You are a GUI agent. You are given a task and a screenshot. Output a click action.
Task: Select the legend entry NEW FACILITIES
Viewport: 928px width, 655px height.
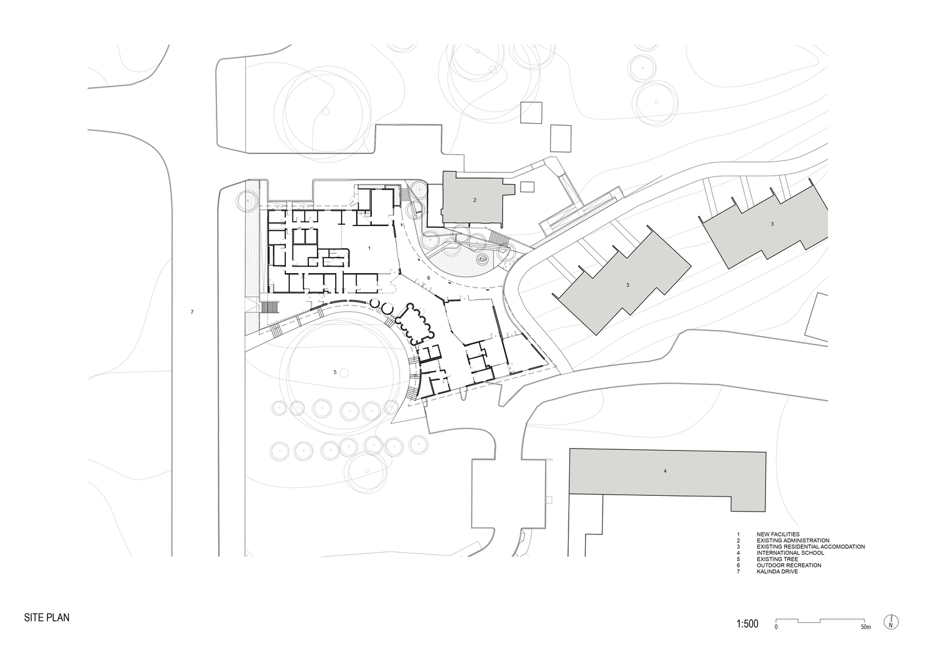pyautogui.click(x=778, y=534)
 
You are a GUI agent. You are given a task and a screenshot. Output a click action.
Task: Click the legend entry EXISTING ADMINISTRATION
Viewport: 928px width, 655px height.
pyautogui.click(x=793, y=540)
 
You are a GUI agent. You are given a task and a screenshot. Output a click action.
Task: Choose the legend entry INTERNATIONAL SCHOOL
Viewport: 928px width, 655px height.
pyautogui.click(x=790, y=553)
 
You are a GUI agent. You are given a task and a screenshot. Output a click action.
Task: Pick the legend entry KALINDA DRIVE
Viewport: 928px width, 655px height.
pyautogui.click(x=777, y=571)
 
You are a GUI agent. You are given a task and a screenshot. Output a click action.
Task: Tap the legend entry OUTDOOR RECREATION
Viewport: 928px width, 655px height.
pyautogui.click(x=789, y=565)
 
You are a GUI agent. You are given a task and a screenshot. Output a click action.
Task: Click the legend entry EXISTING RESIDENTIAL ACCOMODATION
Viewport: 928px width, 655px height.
pyautogui.click(x=811, y=546)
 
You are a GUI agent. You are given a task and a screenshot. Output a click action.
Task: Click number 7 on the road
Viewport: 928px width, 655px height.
pyautogui.click(x=192, y=312)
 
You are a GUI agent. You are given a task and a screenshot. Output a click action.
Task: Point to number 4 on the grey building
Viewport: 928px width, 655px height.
pyautogui.click(x=665, y=471)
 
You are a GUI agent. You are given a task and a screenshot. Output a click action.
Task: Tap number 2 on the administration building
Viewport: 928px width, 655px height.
pyautogui.click(x=475, y=200)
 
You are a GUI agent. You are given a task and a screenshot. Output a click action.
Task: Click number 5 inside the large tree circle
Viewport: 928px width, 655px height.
pyautogui.click(x=335, y=372)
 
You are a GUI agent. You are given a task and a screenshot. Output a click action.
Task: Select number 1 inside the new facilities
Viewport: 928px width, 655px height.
pyautogui.click(x=369, y=248)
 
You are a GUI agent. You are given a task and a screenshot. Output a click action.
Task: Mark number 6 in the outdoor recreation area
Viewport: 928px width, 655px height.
pyautogui.click(x=429, y=278)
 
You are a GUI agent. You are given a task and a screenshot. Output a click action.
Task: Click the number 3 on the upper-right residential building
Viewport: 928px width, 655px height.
pyautogui.click(x=772, y=224)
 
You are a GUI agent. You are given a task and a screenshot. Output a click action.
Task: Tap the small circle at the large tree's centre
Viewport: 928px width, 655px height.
pyautogui.click(x=344, y=373)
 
